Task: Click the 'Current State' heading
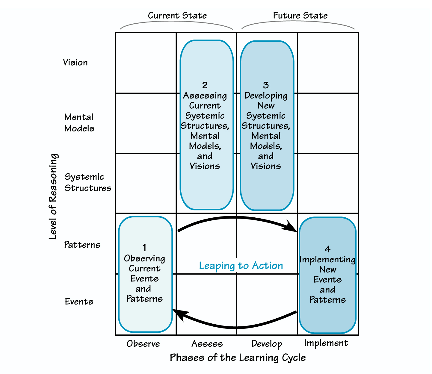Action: click(x=177, y=16)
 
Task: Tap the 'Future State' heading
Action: click(x=300, y=16)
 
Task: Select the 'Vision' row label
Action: click(x=75, y=63)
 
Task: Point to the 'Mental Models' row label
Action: click(x=79, y=123)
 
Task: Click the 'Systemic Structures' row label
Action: click(x=88, y=182)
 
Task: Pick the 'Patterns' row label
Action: click(x=82, y=245)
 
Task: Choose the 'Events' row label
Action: click(x=79, y=302)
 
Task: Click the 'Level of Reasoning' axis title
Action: click(x=54, y=197)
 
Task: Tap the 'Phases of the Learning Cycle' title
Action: click(x=238, y=358)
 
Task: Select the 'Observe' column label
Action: click(x=143, y=344)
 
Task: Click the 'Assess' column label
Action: click(x=207, y=344)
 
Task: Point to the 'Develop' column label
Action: click(x=267, y=344)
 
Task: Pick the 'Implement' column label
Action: click(x=326, y=343)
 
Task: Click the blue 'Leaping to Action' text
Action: click(x=241, y=266)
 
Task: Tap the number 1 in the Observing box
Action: click(x=145, y=248)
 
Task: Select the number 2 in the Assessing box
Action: click(x=205, y=85)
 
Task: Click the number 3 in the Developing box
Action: click(x=266, y=85)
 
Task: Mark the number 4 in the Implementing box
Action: click(x=327, y=249)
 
